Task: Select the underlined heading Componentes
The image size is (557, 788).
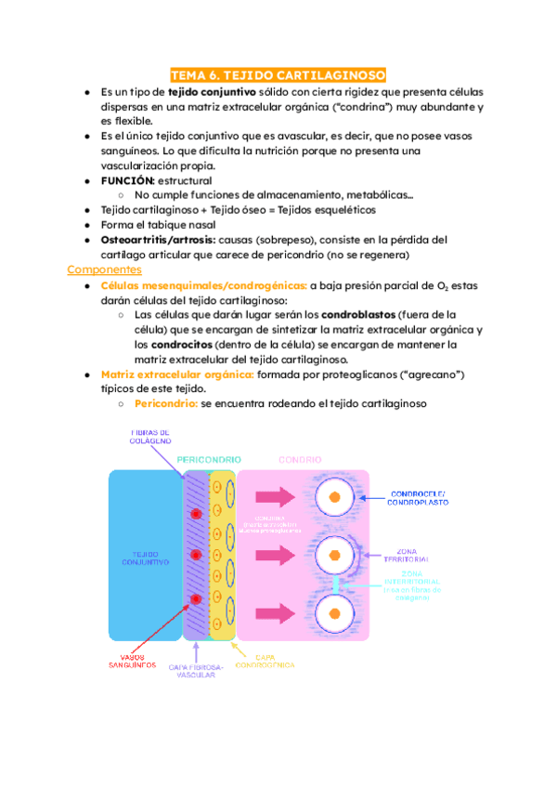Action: (x=104, y=269)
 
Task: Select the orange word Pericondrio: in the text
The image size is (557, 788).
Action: (x=165, y=403)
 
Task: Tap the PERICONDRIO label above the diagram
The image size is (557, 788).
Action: (x=210, y=459)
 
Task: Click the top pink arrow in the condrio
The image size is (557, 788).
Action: (x=277, y=499)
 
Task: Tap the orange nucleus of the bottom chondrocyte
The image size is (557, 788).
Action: (x=335, y=612)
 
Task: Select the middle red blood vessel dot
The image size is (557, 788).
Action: (x=195, y=556)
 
